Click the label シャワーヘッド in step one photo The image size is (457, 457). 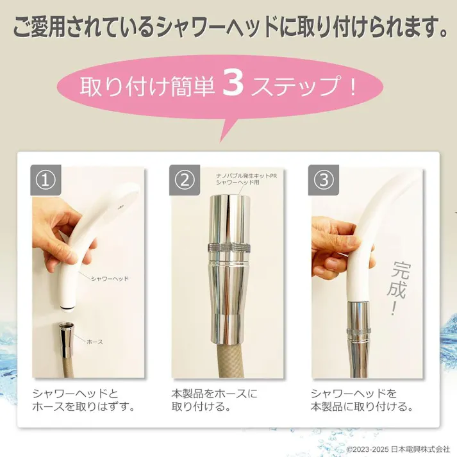click(x=110, y=279)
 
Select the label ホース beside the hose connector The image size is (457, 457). click(x=94, y=342)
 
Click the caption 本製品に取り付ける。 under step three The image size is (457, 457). click(x=361, y=407)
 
